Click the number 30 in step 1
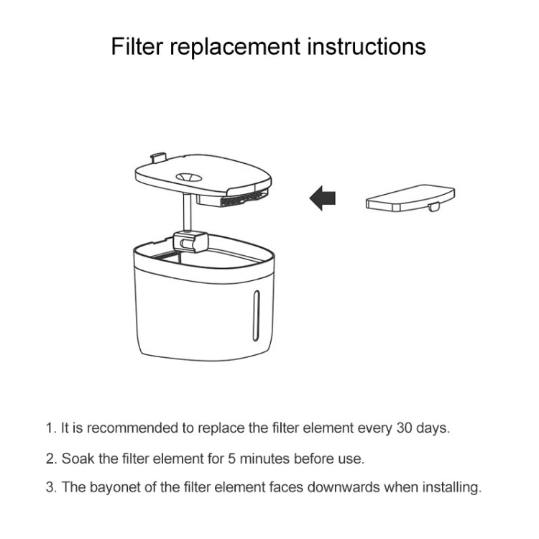(x=405, y=428)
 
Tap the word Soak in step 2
(x=76, y=458)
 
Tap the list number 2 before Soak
(x=50, y=458)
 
